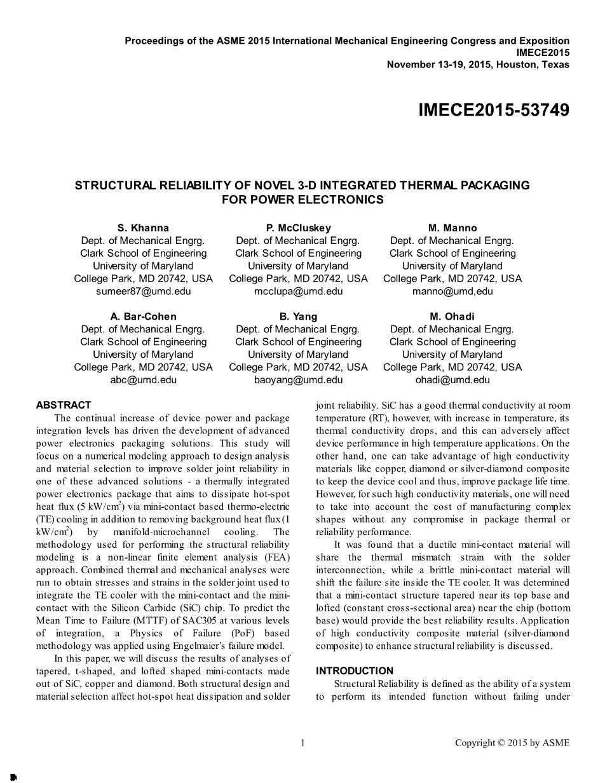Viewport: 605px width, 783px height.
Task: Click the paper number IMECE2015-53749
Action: (494, 111)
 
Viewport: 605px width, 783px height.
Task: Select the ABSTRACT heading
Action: (64, 405)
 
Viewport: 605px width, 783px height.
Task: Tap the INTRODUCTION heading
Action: (355, 671)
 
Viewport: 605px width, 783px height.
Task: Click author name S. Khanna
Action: (143, 228)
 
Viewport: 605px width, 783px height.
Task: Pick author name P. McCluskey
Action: (298, 228)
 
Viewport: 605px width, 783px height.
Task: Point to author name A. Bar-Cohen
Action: (143, 317)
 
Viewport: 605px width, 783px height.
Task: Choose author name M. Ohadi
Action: (452, 317)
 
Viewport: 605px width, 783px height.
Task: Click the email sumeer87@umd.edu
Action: (143, 291)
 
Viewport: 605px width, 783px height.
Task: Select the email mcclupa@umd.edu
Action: (298, 291)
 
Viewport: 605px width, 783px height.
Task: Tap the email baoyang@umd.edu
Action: (298, 379)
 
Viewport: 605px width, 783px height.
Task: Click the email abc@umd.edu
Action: (143, 379)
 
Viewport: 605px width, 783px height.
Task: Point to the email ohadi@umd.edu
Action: (452, 379)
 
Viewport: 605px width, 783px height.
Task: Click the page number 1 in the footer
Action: (302, 742)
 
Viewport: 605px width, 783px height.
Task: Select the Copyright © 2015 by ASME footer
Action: (512, 742)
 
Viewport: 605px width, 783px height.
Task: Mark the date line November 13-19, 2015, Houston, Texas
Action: (478, 64)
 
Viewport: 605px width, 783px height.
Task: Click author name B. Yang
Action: (298, 317)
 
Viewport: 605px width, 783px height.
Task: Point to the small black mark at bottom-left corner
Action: (13, 777)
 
